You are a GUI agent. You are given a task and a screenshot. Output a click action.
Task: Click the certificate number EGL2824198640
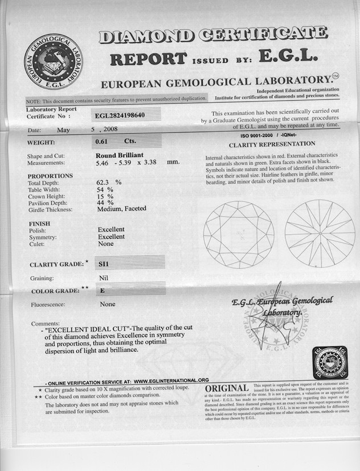pos(120,116)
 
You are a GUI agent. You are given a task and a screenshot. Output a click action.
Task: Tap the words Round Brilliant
pos(120,154)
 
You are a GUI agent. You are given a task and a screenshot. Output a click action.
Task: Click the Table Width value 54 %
pos(105,188)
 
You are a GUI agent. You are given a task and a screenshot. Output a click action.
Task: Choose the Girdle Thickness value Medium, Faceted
pos(121,208)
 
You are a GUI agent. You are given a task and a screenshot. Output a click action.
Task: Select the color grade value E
pos(102,290)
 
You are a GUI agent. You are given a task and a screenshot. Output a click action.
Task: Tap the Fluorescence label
pos(48,304)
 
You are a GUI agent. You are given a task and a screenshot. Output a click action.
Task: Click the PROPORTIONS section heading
pos(50,176)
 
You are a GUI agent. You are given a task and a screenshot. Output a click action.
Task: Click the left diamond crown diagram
pos(238,234)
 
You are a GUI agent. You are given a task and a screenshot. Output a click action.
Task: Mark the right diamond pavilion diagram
pos(320,234)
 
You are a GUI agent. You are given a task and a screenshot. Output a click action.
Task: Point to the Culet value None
pos(105,244)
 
